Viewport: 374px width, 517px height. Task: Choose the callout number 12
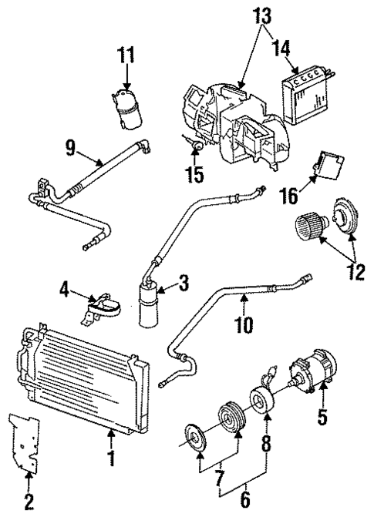[x=356, y=272]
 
